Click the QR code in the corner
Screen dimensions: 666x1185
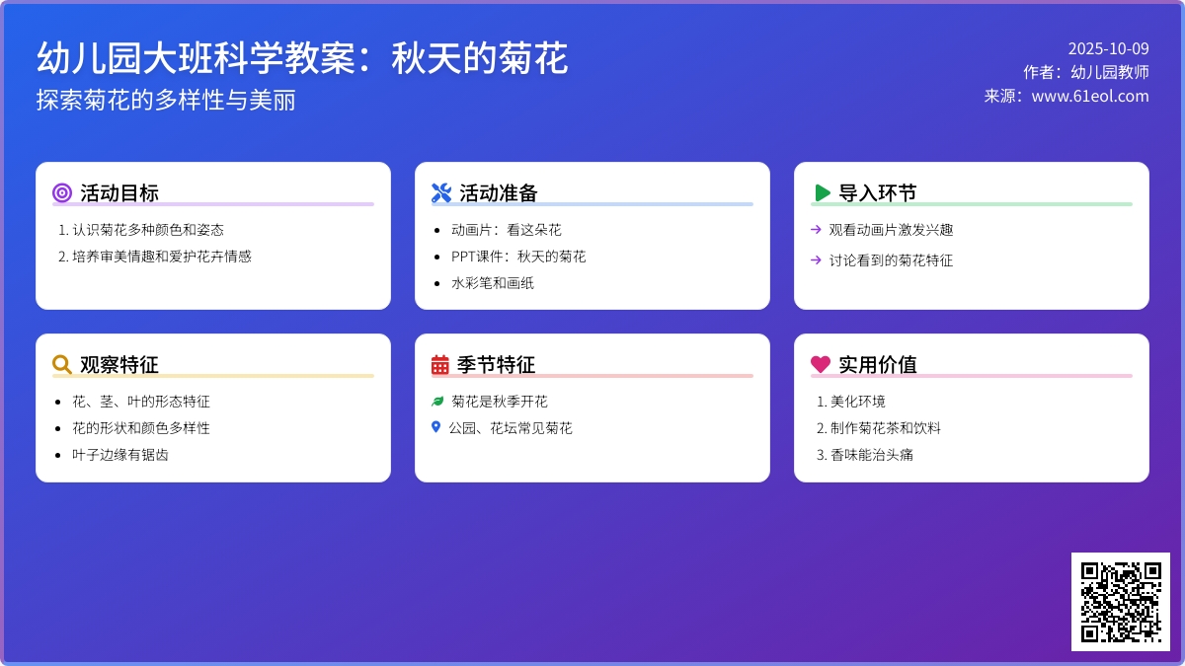(x=1120, y=601)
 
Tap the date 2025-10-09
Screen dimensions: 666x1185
(x=1108, y=48)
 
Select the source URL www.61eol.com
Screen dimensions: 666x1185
(x=1090, y=96)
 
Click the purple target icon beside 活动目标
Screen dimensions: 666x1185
(x=62, y=192)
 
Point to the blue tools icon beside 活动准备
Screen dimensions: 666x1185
(x=441, y=192)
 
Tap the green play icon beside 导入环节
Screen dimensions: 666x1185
(x=822, y=192)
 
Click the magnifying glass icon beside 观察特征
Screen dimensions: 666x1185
(x=62, y=364)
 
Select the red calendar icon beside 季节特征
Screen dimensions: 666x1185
(x=440, y=364)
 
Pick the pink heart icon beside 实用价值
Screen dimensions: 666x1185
(x=821, y=364)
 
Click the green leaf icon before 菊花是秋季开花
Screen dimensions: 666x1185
(x=437, y=402)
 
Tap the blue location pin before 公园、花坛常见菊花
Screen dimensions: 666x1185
(x=435, y=427)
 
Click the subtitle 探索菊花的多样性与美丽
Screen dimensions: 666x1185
(x=166, y=101)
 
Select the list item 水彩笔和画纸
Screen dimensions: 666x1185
(x=493, y=283)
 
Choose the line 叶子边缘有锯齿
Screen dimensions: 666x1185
(x=120, y=455)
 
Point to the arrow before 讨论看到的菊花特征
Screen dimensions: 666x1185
(x=816, y=259)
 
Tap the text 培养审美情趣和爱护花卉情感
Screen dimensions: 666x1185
(x=162, y=257)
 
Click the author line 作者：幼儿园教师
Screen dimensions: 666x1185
(x=1086, y=72)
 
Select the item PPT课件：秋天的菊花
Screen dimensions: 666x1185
(x=518, y=257)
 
